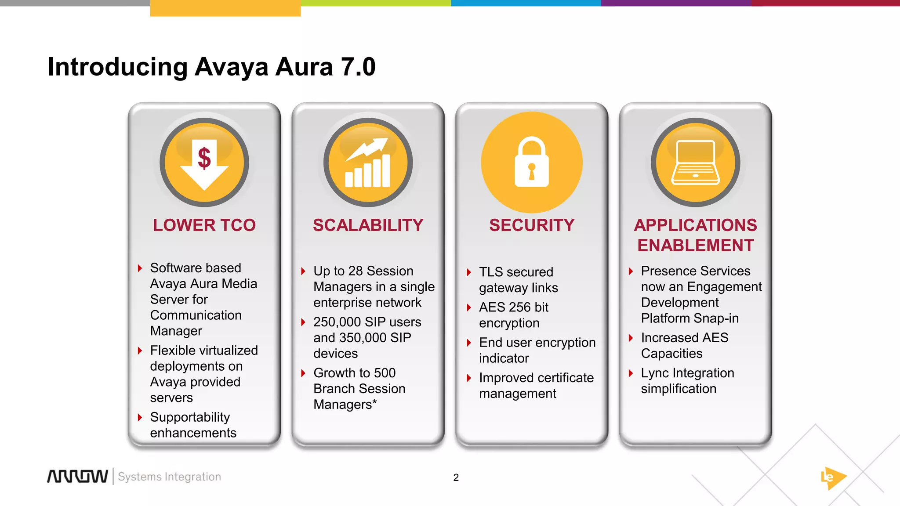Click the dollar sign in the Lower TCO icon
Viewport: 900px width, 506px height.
click(x=204, y=158)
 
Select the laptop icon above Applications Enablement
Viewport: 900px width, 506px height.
click(x=696, y=163)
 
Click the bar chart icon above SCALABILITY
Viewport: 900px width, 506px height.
click(x=368, y=163)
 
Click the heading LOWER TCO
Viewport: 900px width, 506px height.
click(x=204, y=225)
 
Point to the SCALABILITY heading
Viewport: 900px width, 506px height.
click(x=368, y=225)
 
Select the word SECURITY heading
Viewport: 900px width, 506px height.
click(x=532, y=225)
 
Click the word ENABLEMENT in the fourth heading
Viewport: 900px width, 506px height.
click(x=696, y=246)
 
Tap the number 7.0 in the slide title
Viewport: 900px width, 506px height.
click(x=358, y=67)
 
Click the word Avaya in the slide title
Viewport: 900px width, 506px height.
click(x=231, y=67)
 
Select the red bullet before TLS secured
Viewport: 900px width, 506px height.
click(x=469, y=272)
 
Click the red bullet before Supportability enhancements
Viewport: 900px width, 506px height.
click(x=140, y=417)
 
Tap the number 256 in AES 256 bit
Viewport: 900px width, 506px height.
click(x=520, y=307)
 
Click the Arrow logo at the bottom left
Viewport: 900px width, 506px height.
click(x=77, y=477)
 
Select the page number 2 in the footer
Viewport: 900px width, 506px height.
click(x=456, y=477)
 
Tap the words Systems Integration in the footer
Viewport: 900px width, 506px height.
click(x=169, y=477)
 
